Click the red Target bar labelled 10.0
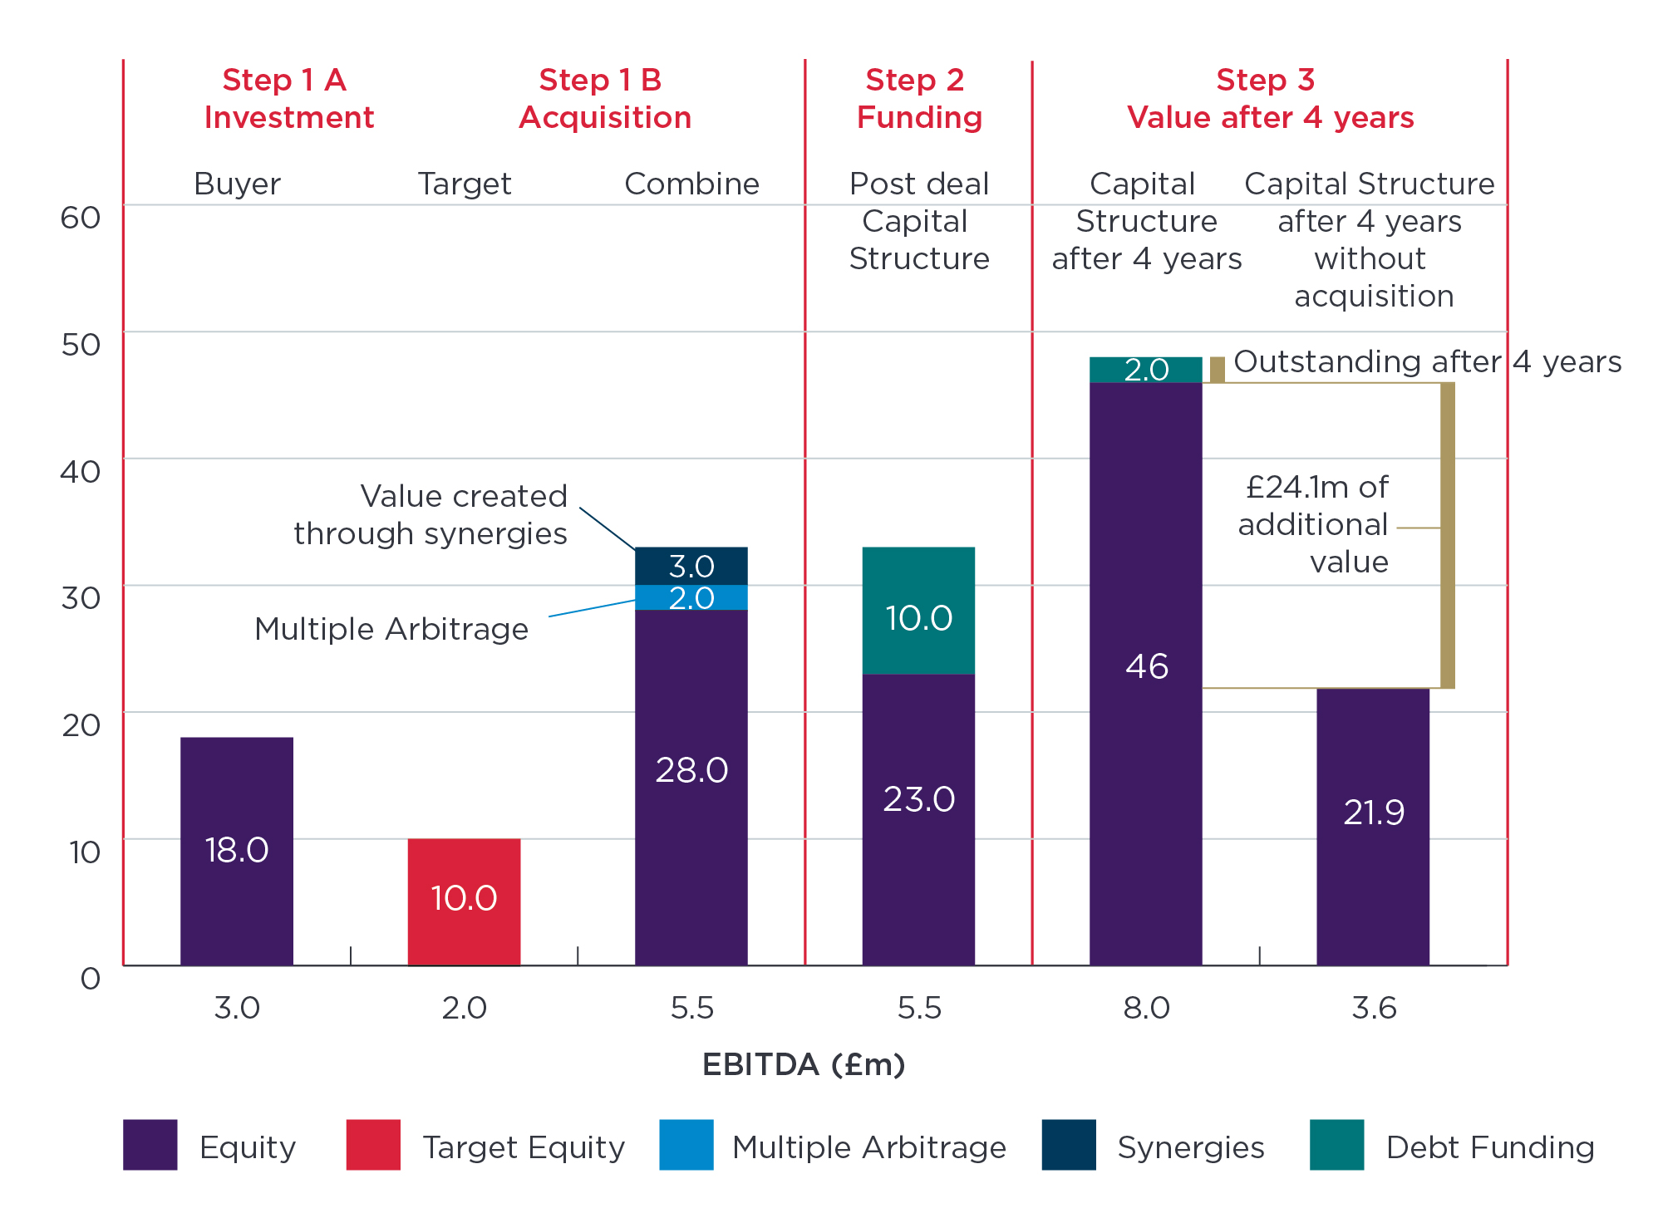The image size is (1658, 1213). point(464,901)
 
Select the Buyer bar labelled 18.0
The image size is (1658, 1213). point(237,851)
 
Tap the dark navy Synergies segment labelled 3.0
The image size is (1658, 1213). point(691,566)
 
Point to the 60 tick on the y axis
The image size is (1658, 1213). point(81,218)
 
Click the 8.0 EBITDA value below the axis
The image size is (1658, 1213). point(1146,1008)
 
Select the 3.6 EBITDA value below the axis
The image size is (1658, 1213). point(1374,1008)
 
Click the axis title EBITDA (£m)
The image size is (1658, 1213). point(804,1064)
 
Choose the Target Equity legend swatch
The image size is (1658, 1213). point(373,1145)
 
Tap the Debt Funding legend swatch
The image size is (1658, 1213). point(1336,1145)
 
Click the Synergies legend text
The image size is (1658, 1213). point(1190,1147)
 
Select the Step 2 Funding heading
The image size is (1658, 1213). point(918,99)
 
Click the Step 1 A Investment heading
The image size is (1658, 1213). point(288,99)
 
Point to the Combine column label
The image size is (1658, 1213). point(691,184)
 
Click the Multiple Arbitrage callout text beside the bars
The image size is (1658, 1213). point(391,629)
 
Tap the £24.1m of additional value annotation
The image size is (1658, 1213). point(1314,524)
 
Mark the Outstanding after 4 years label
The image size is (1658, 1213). point(1426,361)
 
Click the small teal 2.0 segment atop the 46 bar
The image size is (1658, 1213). point(1145,370)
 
